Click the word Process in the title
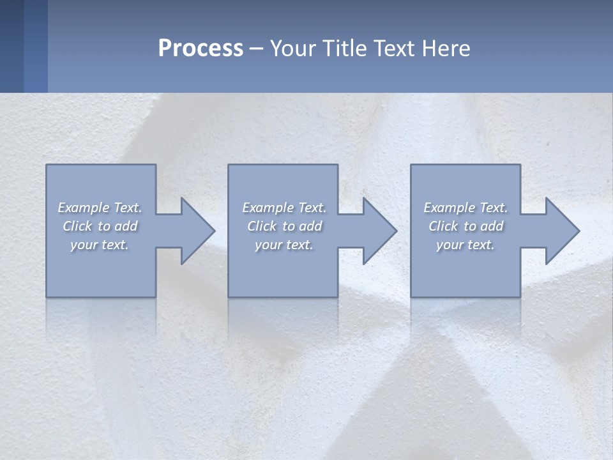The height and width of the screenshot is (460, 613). (x=201, y=49)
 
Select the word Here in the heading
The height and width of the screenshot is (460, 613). (x=446, y=49)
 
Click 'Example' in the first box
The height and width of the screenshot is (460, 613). (x=84, y=208)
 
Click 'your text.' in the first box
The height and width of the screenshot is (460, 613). (x=100, y=245)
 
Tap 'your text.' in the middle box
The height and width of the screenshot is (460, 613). (x=284, y=245)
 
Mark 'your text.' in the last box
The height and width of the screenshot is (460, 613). (x=465, y=245)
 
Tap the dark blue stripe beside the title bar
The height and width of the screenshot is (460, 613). (x=11, y=46)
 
